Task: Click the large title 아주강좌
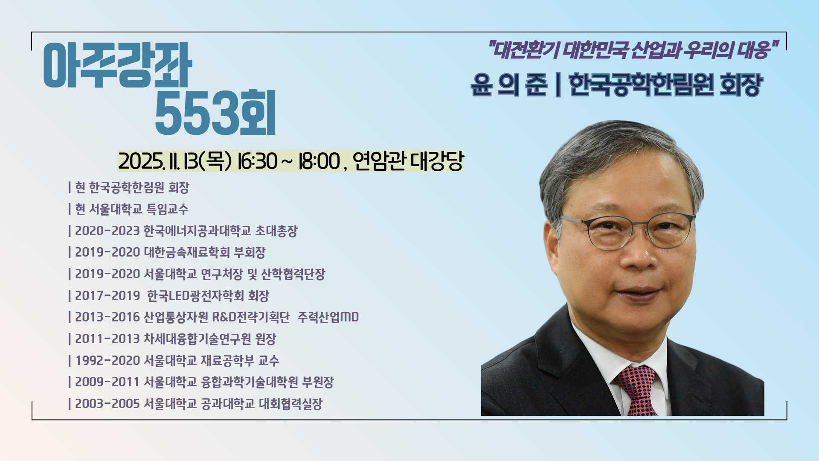(118, 65)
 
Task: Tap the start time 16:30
(257, 161)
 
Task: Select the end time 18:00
(319, 161)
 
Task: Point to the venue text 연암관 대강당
(408, 161)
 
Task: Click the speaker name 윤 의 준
(508, 85)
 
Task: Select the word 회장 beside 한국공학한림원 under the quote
(741, 85)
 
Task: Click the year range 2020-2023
(107, 231)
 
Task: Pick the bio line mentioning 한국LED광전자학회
(168, 295)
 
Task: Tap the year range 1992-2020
(107, 361)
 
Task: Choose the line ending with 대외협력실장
(195, 404)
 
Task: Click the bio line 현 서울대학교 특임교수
(128, 209)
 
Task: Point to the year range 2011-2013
(107, 339)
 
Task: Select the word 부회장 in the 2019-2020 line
(250, 252)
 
